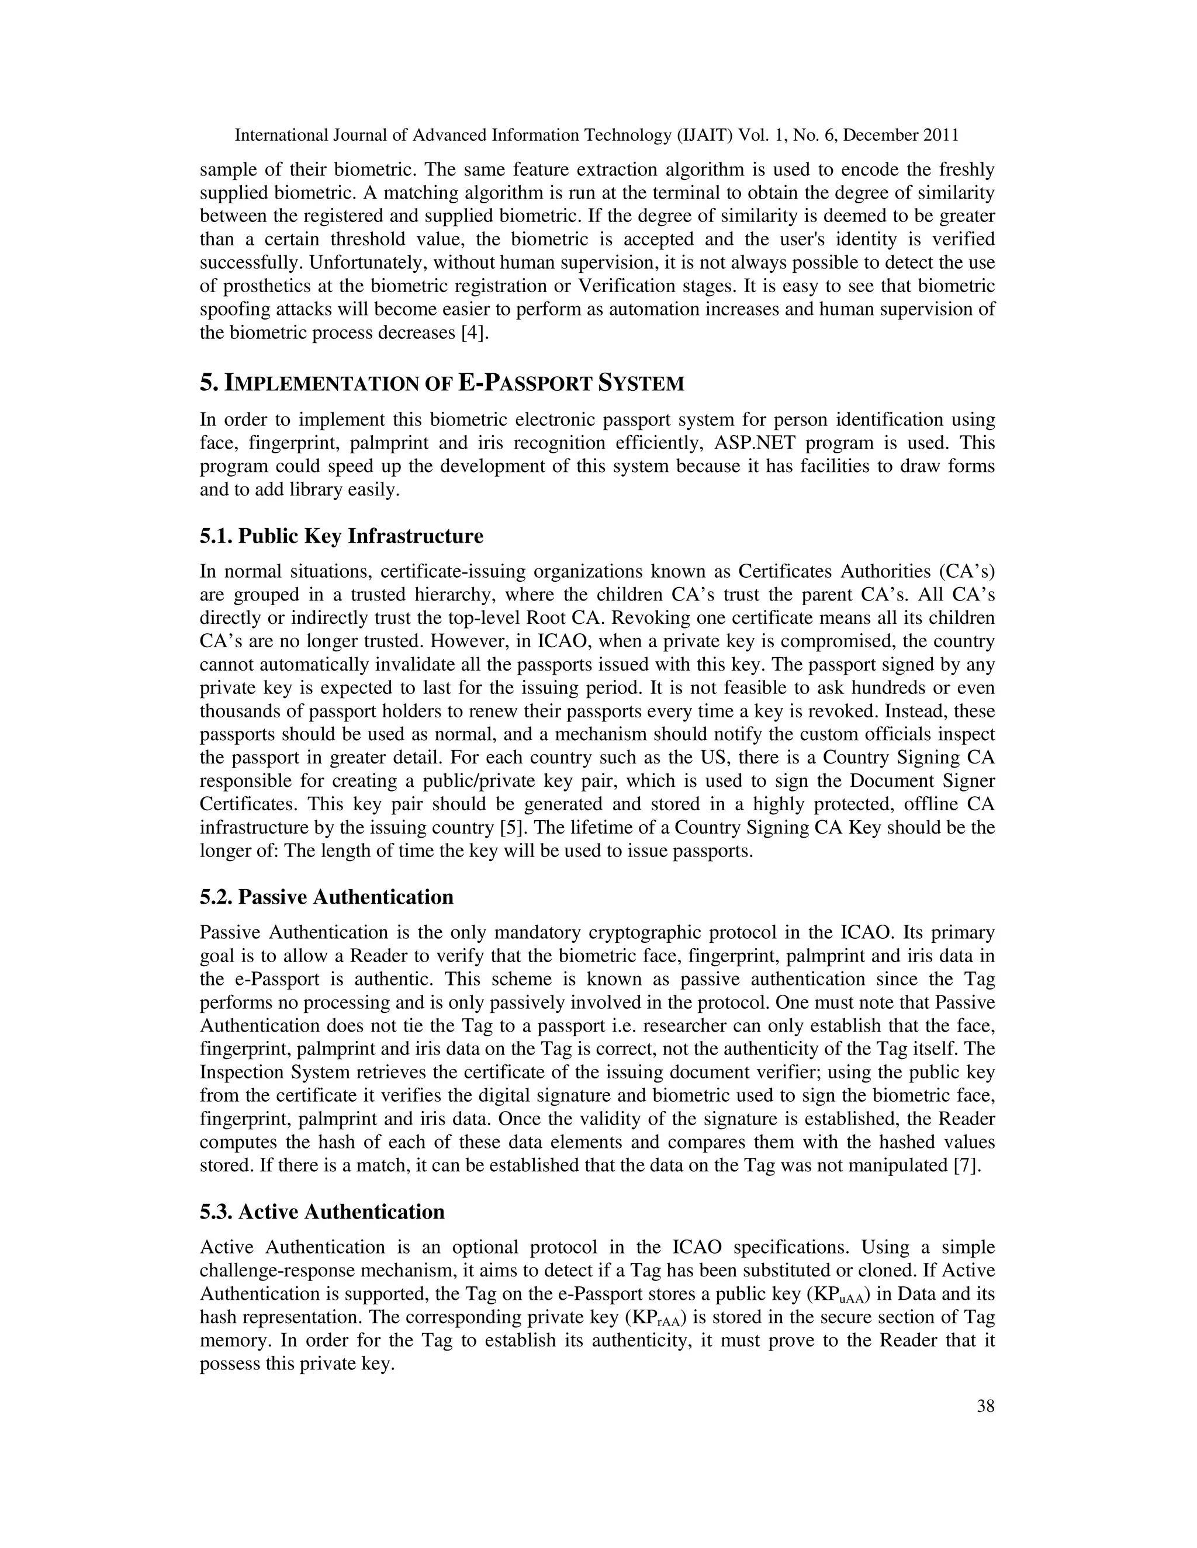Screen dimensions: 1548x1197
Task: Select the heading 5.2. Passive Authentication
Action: click(326, 897)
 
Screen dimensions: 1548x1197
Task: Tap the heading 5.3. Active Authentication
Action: click(322, 1212)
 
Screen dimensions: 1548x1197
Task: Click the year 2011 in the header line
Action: click(941, 136)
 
